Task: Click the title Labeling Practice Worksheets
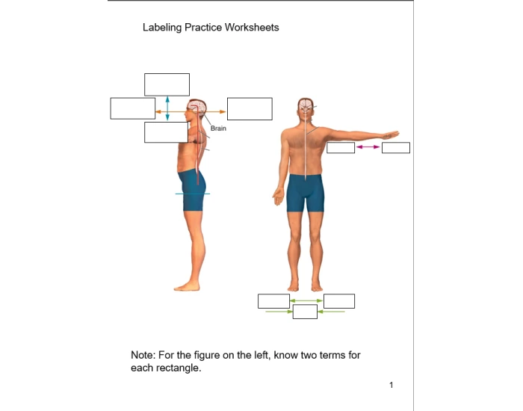point(210,28)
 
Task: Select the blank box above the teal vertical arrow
point(167,84)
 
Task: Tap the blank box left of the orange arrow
point(132,108)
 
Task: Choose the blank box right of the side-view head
point(250,108)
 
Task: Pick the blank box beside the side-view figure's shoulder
point(166,132)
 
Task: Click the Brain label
point(218,129)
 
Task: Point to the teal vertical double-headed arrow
point(167,108)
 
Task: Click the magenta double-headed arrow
point(368,147)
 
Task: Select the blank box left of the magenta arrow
point(341,147)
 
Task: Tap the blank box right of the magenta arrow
point(396,147)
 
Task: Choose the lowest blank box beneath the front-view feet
point(305,312)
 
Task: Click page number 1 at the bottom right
point(391,385)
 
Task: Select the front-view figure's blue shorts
point(305,193)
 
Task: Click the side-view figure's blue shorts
point(193,193)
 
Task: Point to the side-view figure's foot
point(185,286)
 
